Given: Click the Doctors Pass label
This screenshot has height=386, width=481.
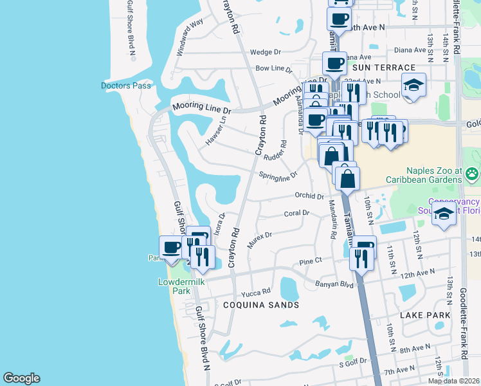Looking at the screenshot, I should [126, 86].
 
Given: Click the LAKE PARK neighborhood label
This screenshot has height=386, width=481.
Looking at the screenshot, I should [425, 315].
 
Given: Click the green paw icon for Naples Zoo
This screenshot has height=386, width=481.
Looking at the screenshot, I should [473, 172].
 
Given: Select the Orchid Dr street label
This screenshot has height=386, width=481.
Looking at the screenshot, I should [309, 196].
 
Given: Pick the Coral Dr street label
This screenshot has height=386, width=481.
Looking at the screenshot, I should [296, 213].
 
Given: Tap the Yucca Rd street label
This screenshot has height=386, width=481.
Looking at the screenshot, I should [257, 291].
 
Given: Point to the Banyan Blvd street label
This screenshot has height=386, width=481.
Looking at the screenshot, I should [334, 284].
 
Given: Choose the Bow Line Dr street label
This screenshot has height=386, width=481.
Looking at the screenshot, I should [273, 68].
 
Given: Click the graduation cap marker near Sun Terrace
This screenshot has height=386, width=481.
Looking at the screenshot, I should [413, 85].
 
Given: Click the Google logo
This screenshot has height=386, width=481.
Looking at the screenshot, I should [21, 378].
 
